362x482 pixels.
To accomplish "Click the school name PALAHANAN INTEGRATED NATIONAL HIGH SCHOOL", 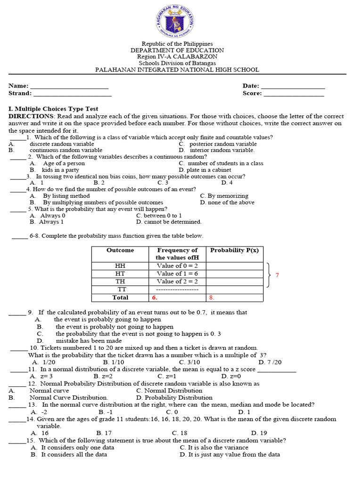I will tap(177, 70).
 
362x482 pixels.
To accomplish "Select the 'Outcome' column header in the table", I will tap(120, 250).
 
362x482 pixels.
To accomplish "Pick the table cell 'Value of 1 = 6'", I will tap(177, 273).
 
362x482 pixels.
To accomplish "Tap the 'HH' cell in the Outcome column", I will tap(120, 265).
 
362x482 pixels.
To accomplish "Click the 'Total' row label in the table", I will tap(120, 297).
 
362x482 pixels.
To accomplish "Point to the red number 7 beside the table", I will tap(278, 275).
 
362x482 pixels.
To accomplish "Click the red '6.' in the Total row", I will tap(154, 297).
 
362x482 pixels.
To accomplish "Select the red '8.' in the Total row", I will tap(212, 297).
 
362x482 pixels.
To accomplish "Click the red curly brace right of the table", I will tap(269, 274).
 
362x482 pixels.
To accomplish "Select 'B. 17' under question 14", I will tap(104, 433).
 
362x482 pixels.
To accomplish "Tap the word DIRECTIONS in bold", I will tap(31, 116).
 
